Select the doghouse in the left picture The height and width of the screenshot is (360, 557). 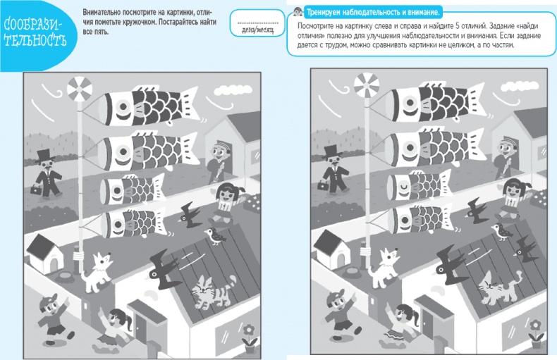tap(45, 254)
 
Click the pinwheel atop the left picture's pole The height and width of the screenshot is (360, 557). tap(80, 89)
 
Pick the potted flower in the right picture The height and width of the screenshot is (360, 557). tap(535, 334)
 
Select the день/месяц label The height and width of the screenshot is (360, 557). tap(257, 30)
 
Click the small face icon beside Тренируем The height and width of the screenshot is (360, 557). tap(298, 11)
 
